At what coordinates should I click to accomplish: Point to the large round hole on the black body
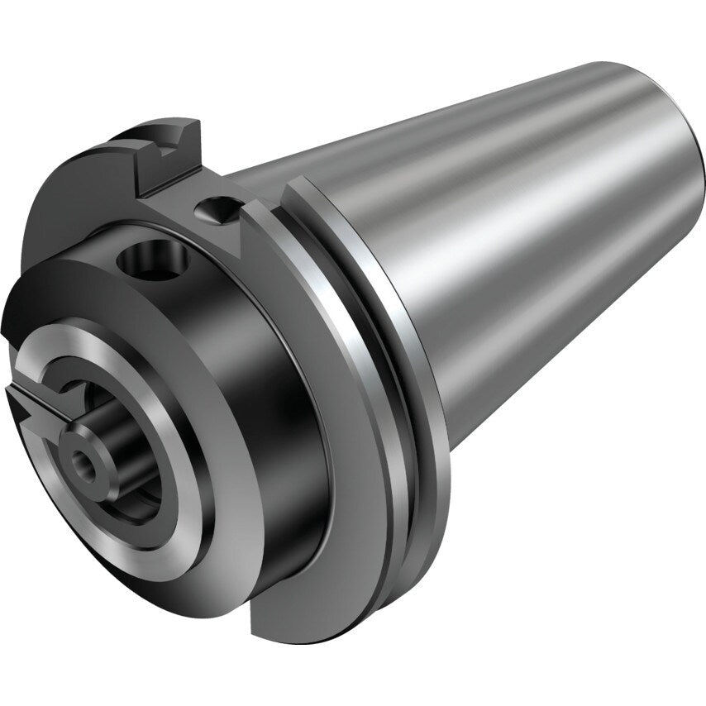[x=153, y=263]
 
